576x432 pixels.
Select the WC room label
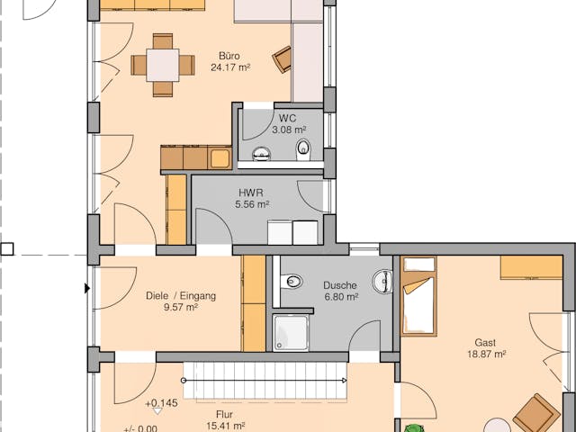[287, 119]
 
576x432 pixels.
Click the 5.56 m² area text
[251, 205]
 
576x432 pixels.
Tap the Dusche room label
[340, 285]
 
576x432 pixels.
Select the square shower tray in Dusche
[292, 332]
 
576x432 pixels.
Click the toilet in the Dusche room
[292, 283]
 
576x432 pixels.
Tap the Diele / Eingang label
[180, 295]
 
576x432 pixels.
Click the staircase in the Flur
[265, 381]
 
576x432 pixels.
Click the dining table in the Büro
[162, 65]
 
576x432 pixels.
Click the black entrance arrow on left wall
[86, 288]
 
